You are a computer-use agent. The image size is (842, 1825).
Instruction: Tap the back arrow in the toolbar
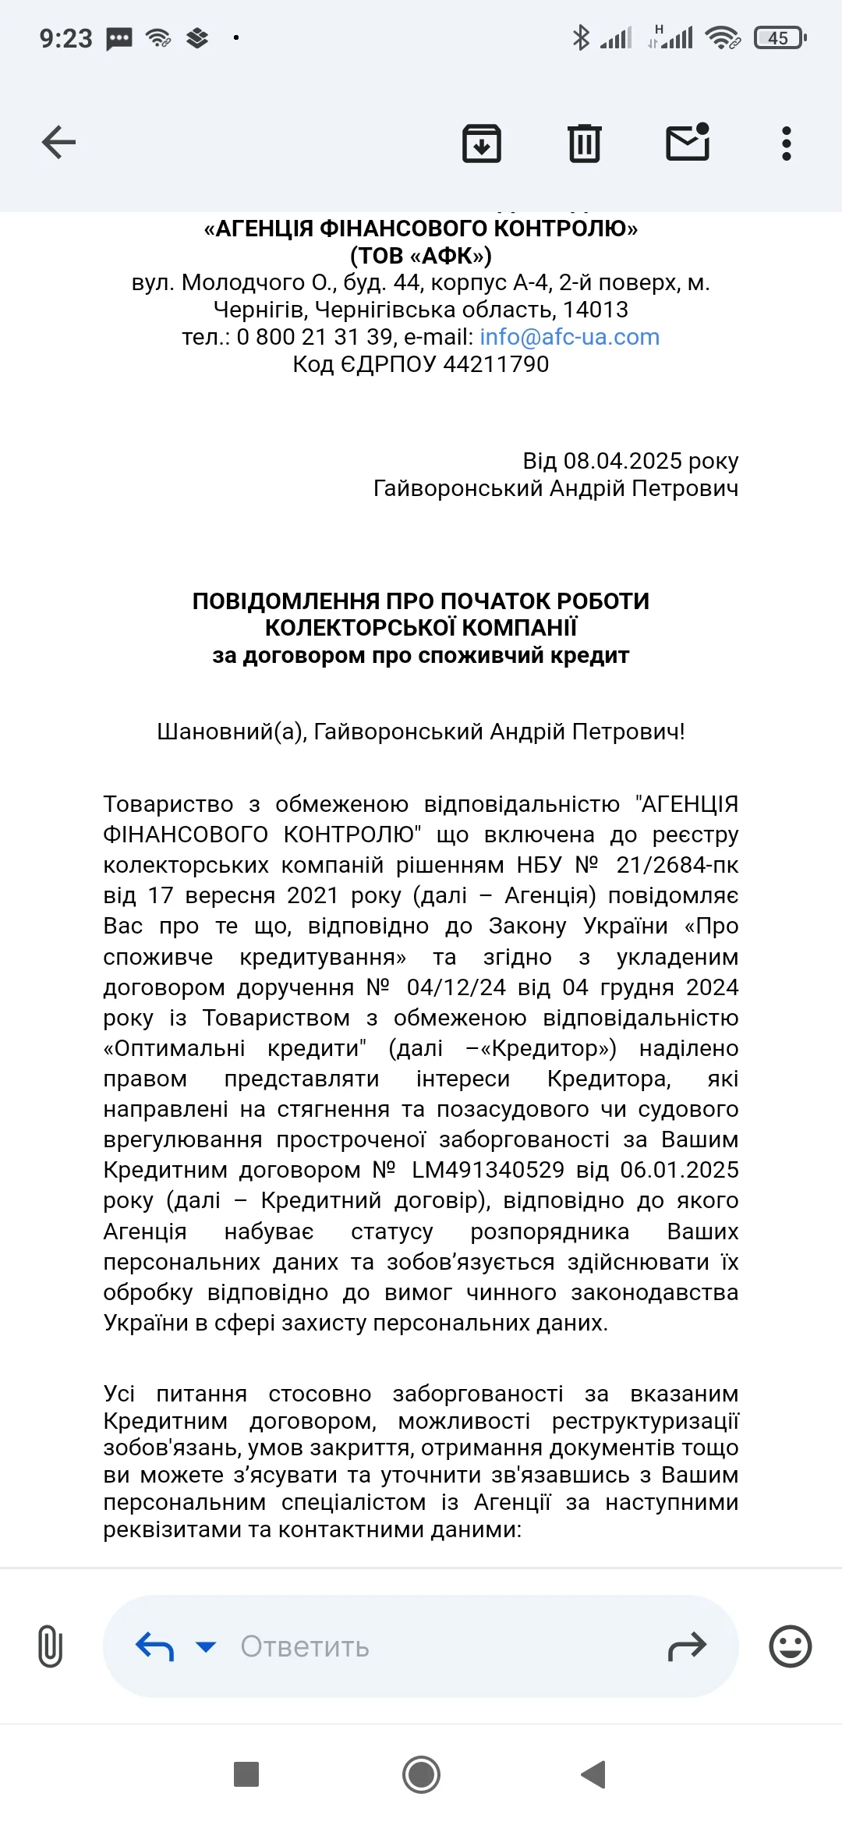(x=58, y=143)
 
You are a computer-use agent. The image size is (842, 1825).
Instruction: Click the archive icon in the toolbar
(x=482, y=143)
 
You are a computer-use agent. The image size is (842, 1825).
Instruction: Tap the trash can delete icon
(x=584, y=143)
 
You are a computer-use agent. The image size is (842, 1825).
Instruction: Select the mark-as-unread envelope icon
(x=688, y=143)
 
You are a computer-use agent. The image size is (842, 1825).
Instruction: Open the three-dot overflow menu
(x=786, y=144)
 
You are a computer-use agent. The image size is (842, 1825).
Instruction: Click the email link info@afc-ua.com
(x=569, y=337)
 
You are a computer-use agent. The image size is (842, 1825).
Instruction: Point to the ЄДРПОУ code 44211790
(x=496, y=364)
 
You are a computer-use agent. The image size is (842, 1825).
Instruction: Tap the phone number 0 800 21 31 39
(x=314, y=337)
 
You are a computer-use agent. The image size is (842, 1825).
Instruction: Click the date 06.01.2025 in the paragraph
(x=679, y=1170)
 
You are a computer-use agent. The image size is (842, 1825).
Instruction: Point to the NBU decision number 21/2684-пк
(x=677, y=865)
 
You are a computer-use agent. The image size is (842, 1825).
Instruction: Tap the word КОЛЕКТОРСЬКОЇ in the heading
(x=356, y=628)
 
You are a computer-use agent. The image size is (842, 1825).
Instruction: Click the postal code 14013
(x=596, y=310)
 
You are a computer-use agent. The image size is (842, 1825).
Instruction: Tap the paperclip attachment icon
(x=50, y=1646)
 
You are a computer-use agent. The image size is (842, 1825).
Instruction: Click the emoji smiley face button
(x=790, y=1646)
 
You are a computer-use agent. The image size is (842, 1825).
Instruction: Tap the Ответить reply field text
(x=304, y=1646)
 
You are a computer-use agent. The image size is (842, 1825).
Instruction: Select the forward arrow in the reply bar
(x=687, y=1646)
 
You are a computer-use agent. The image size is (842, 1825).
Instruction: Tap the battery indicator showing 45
(x=780, y=37)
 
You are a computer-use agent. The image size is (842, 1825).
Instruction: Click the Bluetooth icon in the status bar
(x=581, y=37)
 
